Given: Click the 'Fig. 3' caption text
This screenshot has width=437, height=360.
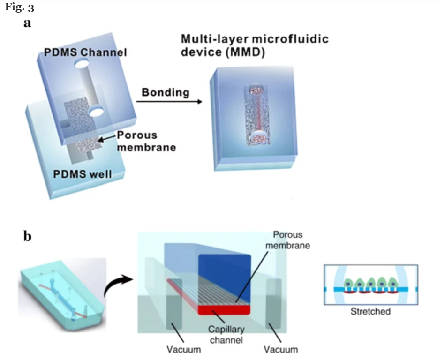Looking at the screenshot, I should (19, 7).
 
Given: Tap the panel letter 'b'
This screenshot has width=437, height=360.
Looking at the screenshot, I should (28, 236).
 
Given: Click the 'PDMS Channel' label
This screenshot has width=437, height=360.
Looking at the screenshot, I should (85, 52).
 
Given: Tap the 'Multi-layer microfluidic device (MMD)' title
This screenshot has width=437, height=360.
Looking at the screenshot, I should (255, 45).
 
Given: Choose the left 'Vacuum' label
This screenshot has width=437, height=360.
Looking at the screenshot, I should (184, 349).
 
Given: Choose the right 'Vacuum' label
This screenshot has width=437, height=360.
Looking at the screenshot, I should (280, 349).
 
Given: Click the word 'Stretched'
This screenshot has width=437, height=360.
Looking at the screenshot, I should (370, 311).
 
